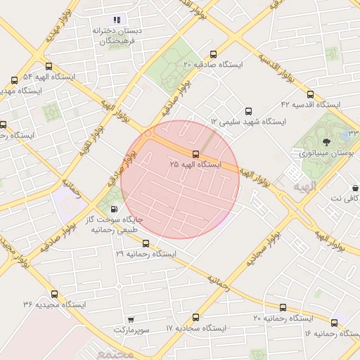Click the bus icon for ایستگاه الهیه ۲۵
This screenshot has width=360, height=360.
point(195,154)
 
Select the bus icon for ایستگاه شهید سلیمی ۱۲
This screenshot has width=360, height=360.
point(247,111)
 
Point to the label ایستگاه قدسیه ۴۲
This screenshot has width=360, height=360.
point(310,104)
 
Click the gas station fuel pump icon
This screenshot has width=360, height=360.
point(113,209)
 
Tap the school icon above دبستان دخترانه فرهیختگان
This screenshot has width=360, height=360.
point(117,20)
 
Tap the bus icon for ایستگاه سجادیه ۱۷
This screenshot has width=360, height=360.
point(195,317)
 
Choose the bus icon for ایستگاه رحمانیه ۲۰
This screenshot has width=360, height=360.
point(283,308)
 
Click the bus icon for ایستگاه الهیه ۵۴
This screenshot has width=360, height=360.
point(15,80)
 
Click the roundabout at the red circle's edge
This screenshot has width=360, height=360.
point(148,133)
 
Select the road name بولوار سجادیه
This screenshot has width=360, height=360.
point(262,245)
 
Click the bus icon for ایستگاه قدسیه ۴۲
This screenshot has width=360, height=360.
point(310,94)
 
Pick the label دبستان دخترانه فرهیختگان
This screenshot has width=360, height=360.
point(117,37)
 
